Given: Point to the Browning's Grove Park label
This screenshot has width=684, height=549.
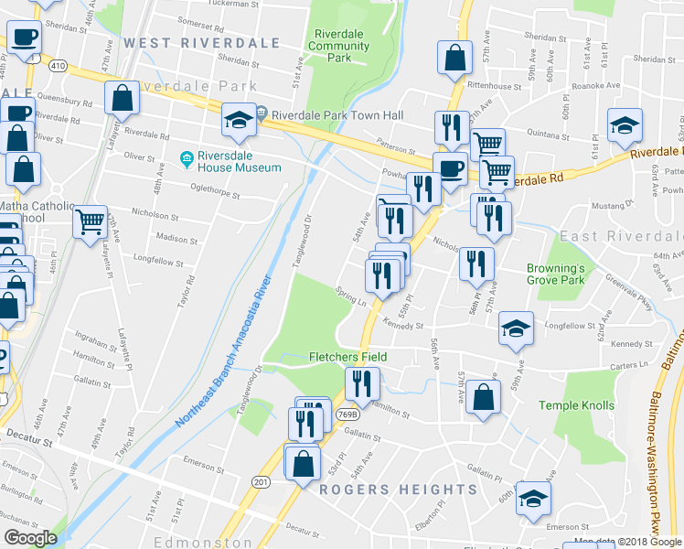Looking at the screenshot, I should [x=555, y=274].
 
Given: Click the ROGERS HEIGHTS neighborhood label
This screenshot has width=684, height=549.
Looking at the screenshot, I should [x=398, y=490].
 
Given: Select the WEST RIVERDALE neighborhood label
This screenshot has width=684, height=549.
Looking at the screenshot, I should [x=201, y=43].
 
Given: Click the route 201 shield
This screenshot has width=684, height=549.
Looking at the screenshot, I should [x=262, y=481].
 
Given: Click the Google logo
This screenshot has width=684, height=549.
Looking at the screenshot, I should [x=30, y=538].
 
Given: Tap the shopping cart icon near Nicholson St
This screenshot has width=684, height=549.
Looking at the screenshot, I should [x=91, y=221].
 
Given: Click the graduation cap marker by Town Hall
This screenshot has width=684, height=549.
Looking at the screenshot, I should [x=239, y=121].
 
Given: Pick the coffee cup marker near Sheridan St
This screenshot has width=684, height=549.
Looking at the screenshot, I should [x=25, y=38].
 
